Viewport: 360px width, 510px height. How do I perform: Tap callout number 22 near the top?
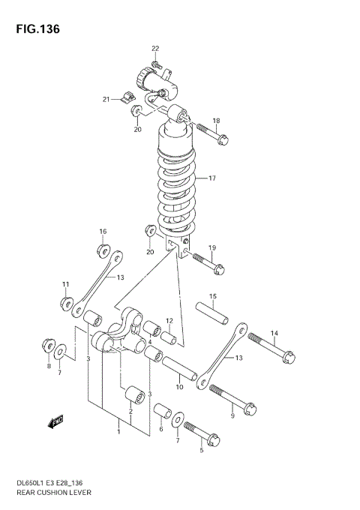coord(155,49)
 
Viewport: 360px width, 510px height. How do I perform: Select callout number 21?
coord(107,98)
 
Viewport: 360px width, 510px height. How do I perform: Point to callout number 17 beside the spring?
coord(212,178)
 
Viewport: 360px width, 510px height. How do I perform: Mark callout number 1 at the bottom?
coord(118,431)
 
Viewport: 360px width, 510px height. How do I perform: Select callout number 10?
coord(179,387)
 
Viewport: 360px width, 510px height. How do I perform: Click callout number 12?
coord(170,321)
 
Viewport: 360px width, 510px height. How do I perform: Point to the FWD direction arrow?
coord(57,422)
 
